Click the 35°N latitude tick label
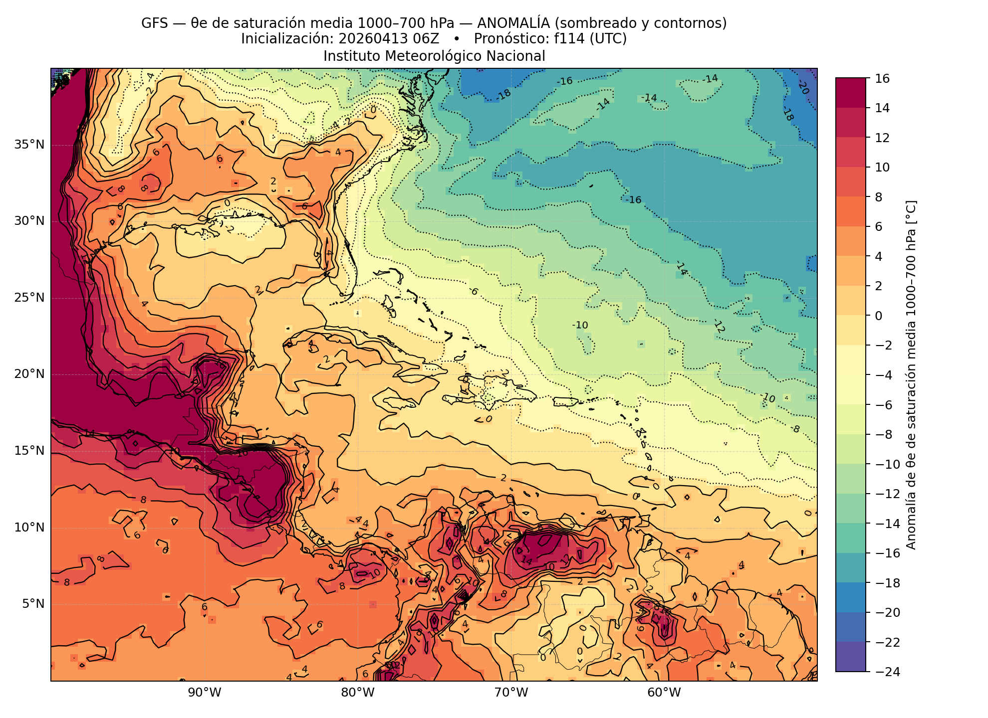(x=29, y=145)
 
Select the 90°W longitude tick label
(x=205, y=693)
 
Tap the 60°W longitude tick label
(x=664, y=693)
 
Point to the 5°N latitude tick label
(x=33, y=604)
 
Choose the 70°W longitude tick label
(x=511, y=693)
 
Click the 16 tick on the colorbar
(x=882, y=78)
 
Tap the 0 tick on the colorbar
(x=879, y=316)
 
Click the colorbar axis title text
(x=911, y=375)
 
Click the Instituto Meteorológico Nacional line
(x=434, y=56)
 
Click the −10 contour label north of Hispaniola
(x=580, y=325)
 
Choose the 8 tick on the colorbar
(x=879, y=197)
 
